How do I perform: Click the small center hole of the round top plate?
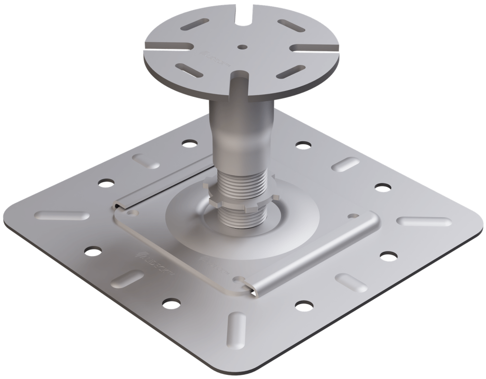[243, 47]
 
